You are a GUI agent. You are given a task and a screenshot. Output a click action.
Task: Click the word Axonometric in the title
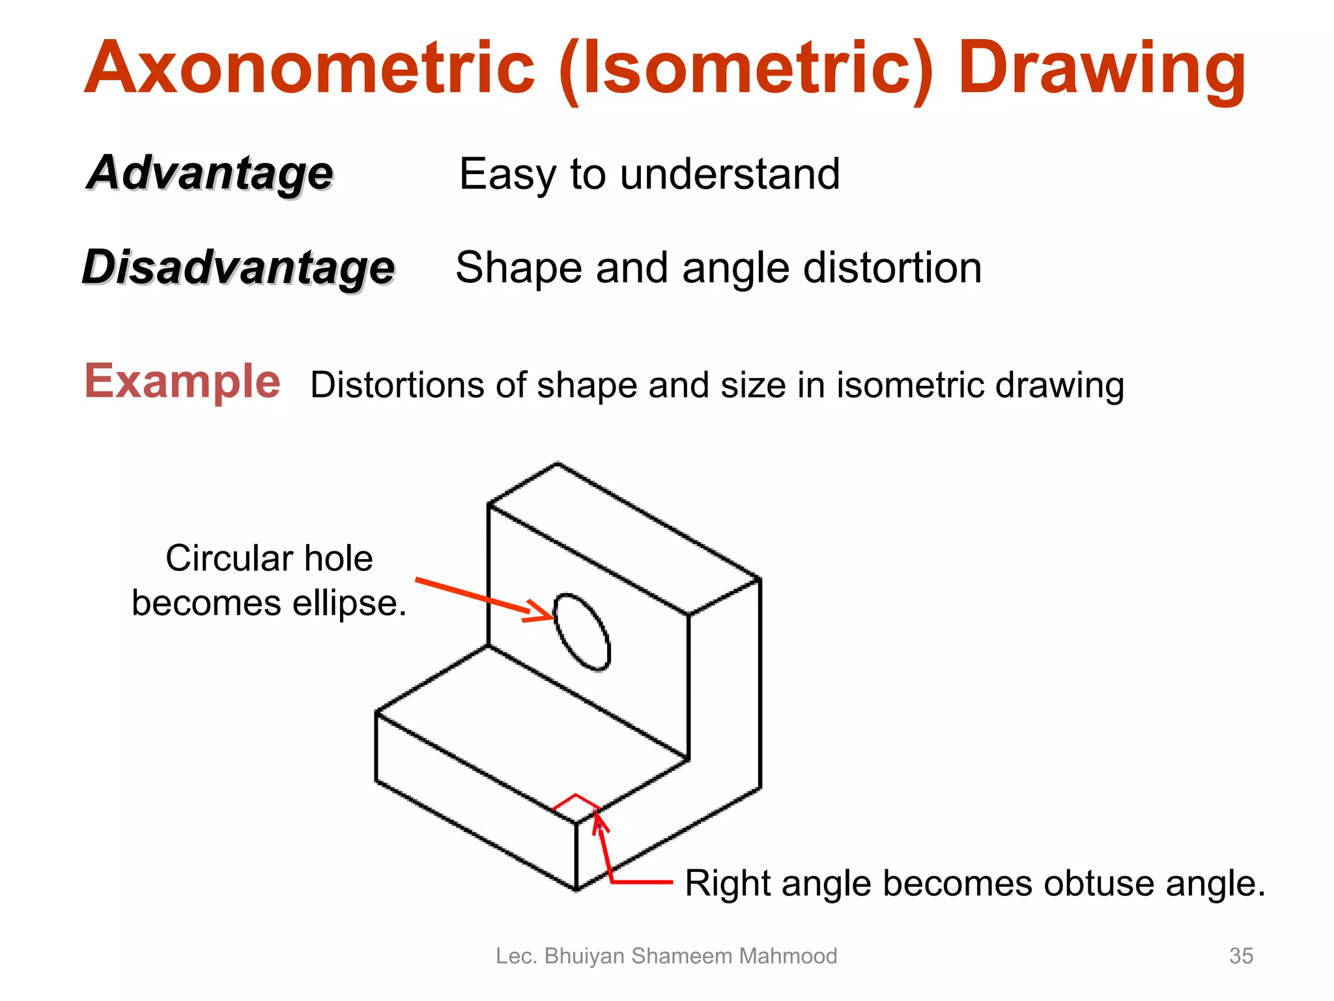[x=309, y=68]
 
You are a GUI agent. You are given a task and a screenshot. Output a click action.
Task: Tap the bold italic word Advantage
[x=210, y=173]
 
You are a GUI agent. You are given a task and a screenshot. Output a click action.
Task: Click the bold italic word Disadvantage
[x=238, y=267]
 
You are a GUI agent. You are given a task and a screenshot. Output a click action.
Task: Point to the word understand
[x=730, y=174]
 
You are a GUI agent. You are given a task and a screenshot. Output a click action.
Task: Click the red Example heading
[x=182, y=381]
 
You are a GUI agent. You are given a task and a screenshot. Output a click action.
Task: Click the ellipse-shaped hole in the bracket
[x=582, y=631]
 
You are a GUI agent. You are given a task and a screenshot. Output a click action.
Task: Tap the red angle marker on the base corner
[x=576, y=798]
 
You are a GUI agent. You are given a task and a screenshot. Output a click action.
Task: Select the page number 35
[x=1241, y=955]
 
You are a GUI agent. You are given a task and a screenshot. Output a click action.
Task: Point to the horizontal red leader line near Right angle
[x=642, y=882]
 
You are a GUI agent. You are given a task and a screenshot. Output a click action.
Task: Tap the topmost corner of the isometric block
[x=557, y=464]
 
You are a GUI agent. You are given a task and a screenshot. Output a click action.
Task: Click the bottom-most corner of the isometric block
[x=576, y=890]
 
